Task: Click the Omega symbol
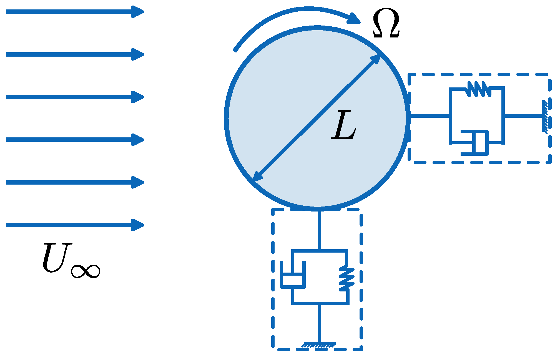[386, 24]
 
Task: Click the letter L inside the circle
[343, 125]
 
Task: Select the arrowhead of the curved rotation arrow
[354, 19]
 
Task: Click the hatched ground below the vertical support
[319, 345]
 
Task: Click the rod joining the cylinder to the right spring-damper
[429, 116]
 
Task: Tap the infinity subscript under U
[86, 271]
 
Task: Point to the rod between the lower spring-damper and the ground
[320, 323]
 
